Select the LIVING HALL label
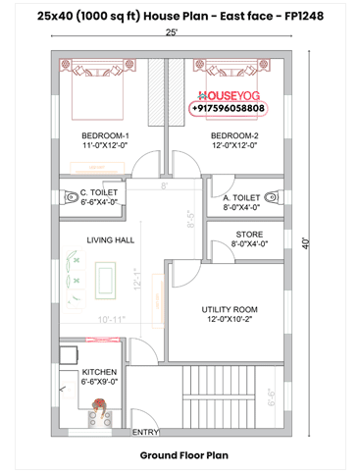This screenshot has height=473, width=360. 111,239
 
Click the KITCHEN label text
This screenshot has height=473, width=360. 99,372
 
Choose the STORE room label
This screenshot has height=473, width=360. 249,234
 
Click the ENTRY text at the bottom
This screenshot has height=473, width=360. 145,432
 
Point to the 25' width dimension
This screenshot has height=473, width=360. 173,32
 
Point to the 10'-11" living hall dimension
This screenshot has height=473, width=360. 112,320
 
